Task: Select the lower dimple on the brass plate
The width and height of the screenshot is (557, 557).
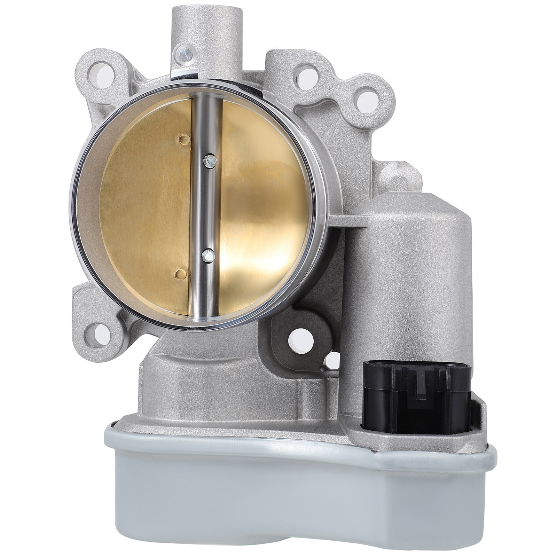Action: [180, 272]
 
